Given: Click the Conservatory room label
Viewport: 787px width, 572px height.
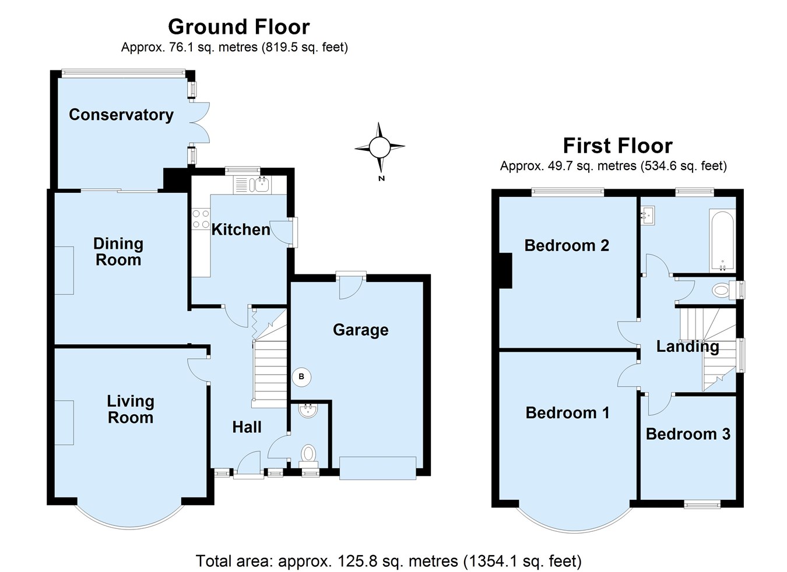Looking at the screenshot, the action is pyautogui.click(x=121, y=115).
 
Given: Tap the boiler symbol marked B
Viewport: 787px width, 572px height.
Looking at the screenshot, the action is pyautogui.click(x=301, y=377).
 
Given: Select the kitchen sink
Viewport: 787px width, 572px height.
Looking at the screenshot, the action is pyautogui.click(x=261, y=185).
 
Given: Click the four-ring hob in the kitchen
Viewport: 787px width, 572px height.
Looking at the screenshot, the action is pyautogui.click(x=201, y=219).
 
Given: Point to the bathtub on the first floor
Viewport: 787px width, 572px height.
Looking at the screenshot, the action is pyautogui.click(x=722, y=241).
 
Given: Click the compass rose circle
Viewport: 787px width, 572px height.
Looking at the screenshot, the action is pyautogui.click(x=380, y=147).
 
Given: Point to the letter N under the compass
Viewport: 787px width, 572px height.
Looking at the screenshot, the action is pyautogui.click(x=382, y=178).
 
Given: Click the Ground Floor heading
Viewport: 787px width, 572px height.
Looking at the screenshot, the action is pyautogui.click(x=239, y=27).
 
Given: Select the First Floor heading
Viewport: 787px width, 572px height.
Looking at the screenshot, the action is pyautogui.click(x=618, y=146).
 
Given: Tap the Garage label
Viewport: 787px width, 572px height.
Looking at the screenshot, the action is pyautogui.click(x=360, y=330).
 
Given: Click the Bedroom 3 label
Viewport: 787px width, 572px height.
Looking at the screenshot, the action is pyautogui.click(x=688, y=434).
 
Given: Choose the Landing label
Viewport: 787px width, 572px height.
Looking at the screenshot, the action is pyautogui.click(x=687, y=347).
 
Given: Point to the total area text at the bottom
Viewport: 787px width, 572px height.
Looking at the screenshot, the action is pyautogui.click(x=388, y=561).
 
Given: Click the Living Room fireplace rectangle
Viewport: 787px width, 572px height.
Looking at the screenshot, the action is pyautogui.click(x=64, y=423).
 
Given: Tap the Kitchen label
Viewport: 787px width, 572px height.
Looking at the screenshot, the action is pyautogui.click(x=241, y=229).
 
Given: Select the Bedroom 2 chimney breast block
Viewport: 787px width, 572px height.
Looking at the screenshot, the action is pyautogui.click(x=505, y=271).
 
